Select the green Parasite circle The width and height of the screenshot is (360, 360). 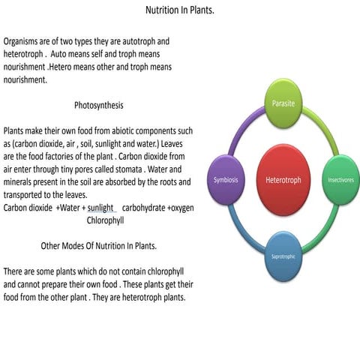(x=283, y=102)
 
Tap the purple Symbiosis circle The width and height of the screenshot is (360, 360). (x=226, y=181)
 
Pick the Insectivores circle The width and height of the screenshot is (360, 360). (x=340, y=181)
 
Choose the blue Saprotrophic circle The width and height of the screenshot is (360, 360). (x=283, y=257)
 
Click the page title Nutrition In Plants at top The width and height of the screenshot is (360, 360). (x=179, y=11)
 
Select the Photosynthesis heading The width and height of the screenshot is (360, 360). (x=99, y=105)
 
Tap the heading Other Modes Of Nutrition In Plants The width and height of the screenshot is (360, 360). (x=98, y=246)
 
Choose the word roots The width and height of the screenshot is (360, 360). (x=165, y=182)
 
